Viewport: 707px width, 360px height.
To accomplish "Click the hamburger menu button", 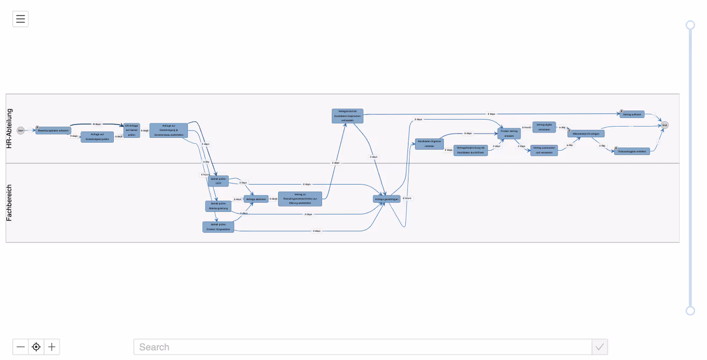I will tap(20, 19).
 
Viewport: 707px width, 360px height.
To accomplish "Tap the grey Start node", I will tap(21, 130).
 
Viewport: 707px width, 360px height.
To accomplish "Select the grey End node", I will tap(665, 125).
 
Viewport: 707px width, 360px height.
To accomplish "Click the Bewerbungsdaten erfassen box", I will tap(53, 130).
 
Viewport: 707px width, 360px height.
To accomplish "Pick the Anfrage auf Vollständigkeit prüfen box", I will tap(97, 137).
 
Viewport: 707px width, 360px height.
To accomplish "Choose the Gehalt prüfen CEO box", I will tap(218, 181).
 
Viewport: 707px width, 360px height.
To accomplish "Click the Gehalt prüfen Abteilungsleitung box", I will tap(218, 206).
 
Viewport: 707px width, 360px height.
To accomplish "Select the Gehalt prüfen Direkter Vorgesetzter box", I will tap(218, 227).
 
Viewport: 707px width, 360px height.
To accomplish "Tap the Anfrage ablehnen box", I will tap(256, 199).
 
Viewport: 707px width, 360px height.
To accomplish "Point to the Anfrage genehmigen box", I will tap(387, 199).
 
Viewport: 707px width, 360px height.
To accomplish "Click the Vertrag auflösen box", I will tap(632, 114).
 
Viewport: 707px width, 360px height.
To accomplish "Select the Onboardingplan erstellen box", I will tap(632, 151).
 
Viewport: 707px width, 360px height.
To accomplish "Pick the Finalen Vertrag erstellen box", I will tap(509, 134).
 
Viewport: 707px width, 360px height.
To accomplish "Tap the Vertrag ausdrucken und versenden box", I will tap(544, 150).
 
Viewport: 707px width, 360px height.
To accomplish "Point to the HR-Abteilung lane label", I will tap(9, 128).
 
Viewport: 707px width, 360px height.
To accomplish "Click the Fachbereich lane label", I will tap(9, 203).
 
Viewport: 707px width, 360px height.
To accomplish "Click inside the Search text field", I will tap(362, 347).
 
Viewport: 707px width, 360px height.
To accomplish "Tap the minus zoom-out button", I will tap(20, 347).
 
